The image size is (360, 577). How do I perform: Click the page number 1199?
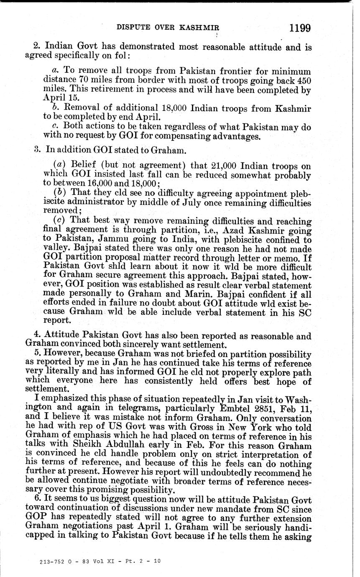[299, 28]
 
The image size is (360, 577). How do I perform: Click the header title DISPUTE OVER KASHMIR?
[168, 28]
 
